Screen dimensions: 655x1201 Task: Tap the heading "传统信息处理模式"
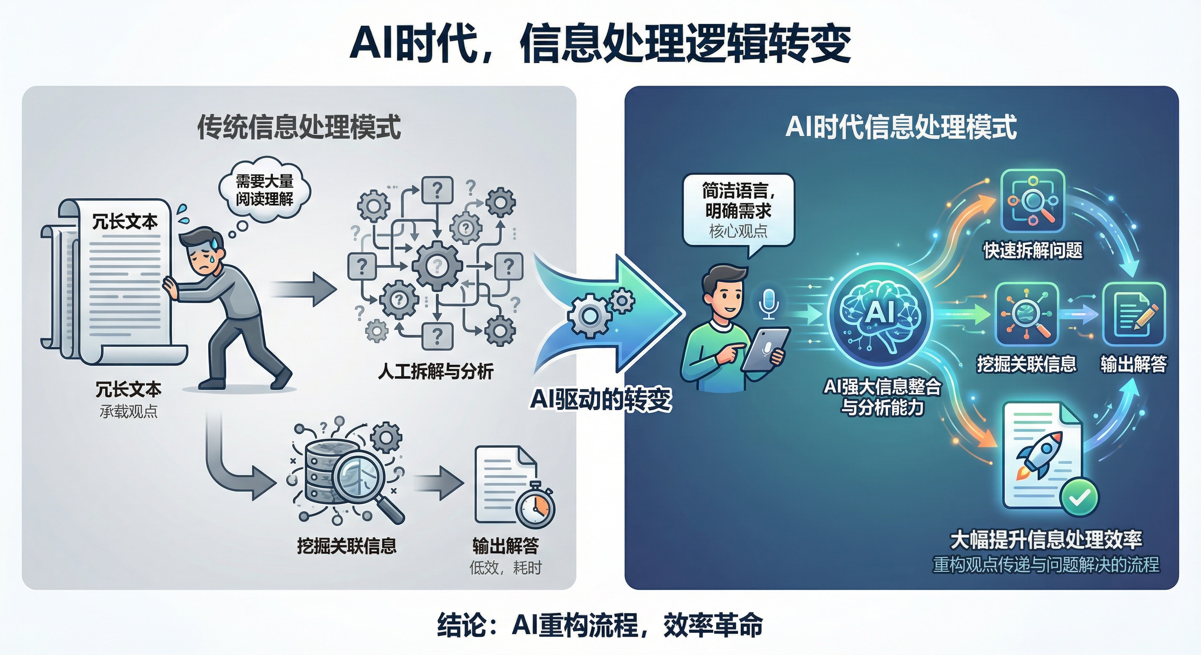(x=299, y=127)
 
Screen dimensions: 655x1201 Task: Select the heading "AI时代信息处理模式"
(x=901, y=127)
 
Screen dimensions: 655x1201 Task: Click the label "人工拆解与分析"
(x=435, y=371)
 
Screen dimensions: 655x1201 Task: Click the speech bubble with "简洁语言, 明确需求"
(x=738, y=210)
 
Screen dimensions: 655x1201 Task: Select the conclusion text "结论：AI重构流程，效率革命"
(x=600, y=625)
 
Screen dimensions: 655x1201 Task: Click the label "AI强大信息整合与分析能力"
(x=882, y=397)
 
